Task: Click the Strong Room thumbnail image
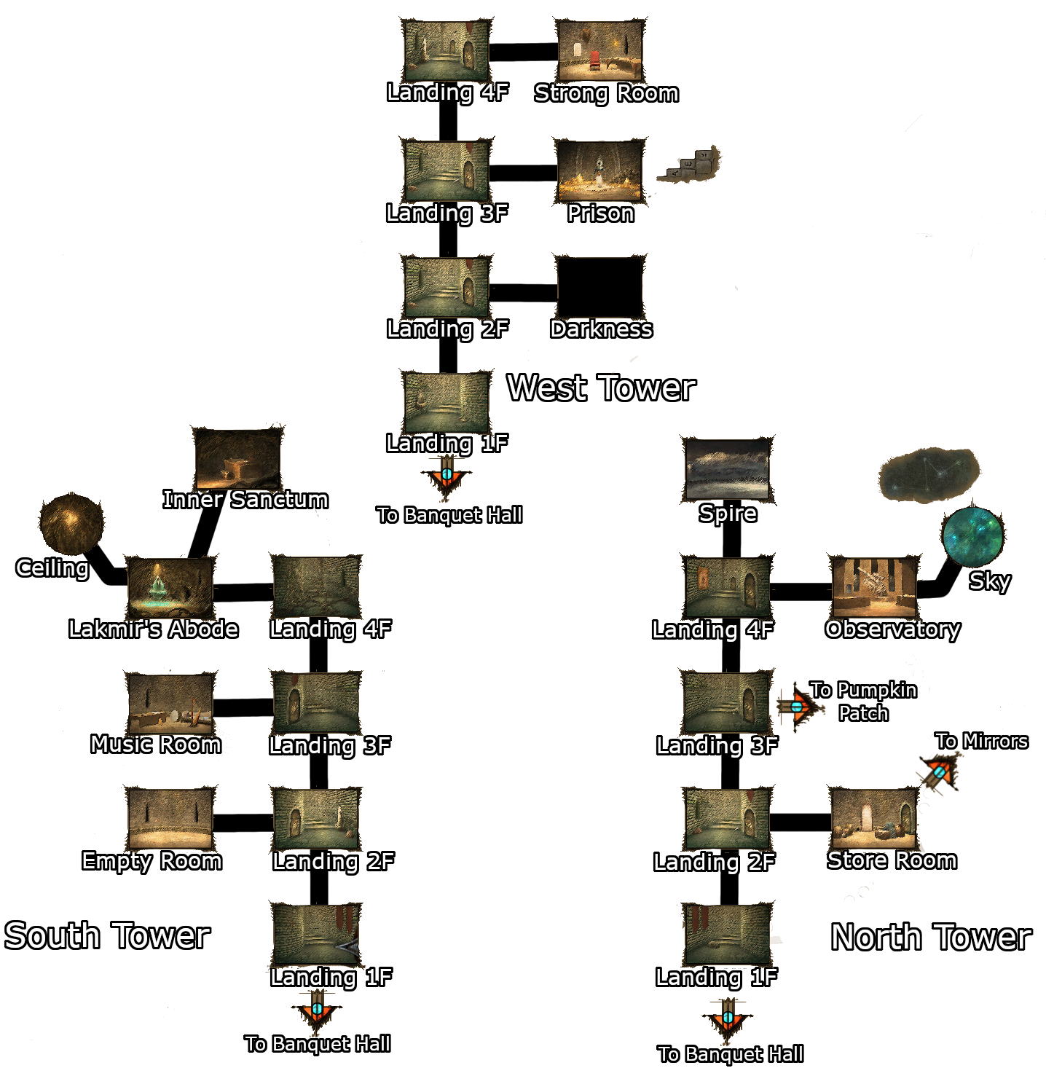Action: point(599,50)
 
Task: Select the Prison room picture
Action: point(599,171)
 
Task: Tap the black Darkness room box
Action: point(599,287)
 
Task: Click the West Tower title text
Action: point(601,388)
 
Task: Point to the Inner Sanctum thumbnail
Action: point(237,459)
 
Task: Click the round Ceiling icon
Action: point(71,523)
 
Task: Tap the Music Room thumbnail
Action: point(170,704)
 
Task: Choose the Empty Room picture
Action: point(170,819)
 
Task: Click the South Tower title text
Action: point(107,936)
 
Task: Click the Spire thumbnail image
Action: point(727,470)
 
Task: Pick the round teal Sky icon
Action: point(972,537)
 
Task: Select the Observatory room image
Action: point(874,588)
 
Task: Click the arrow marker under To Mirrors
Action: point(940,772)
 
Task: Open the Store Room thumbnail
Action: point(873,819)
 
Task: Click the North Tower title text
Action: point(931,937)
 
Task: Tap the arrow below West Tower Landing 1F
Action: point(447,476)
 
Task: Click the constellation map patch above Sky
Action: point(928,475)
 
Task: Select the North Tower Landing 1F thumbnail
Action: point(727,935)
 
